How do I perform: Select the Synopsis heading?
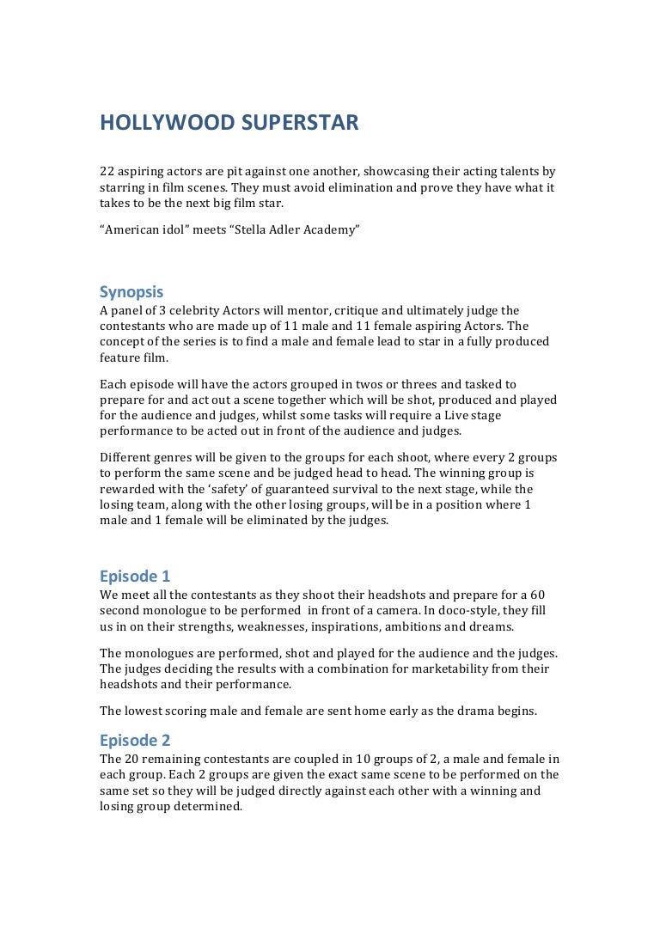131,291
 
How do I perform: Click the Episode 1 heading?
135,576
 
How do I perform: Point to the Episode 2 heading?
135,740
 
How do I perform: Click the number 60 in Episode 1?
537,595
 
